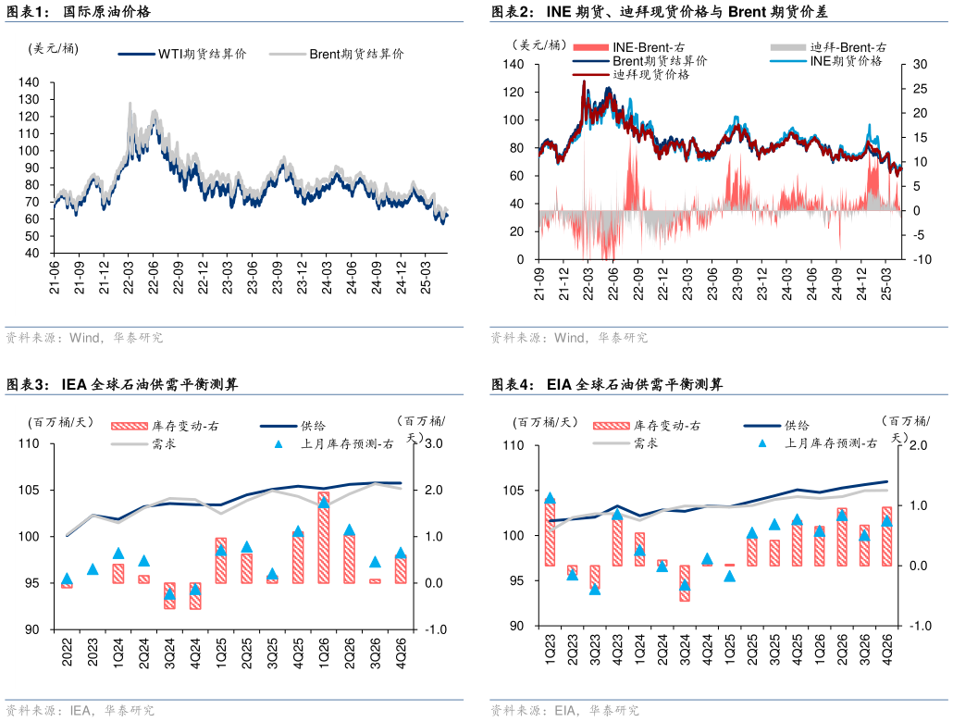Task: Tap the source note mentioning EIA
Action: tap(564, 711)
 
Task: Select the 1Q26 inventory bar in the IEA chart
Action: tap(324, 538)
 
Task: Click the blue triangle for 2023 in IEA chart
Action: tap(92, 568)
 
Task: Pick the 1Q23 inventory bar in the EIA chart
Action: tap(550, 533)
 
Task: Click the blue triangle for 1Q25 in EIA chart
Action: tap(729, 576)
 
